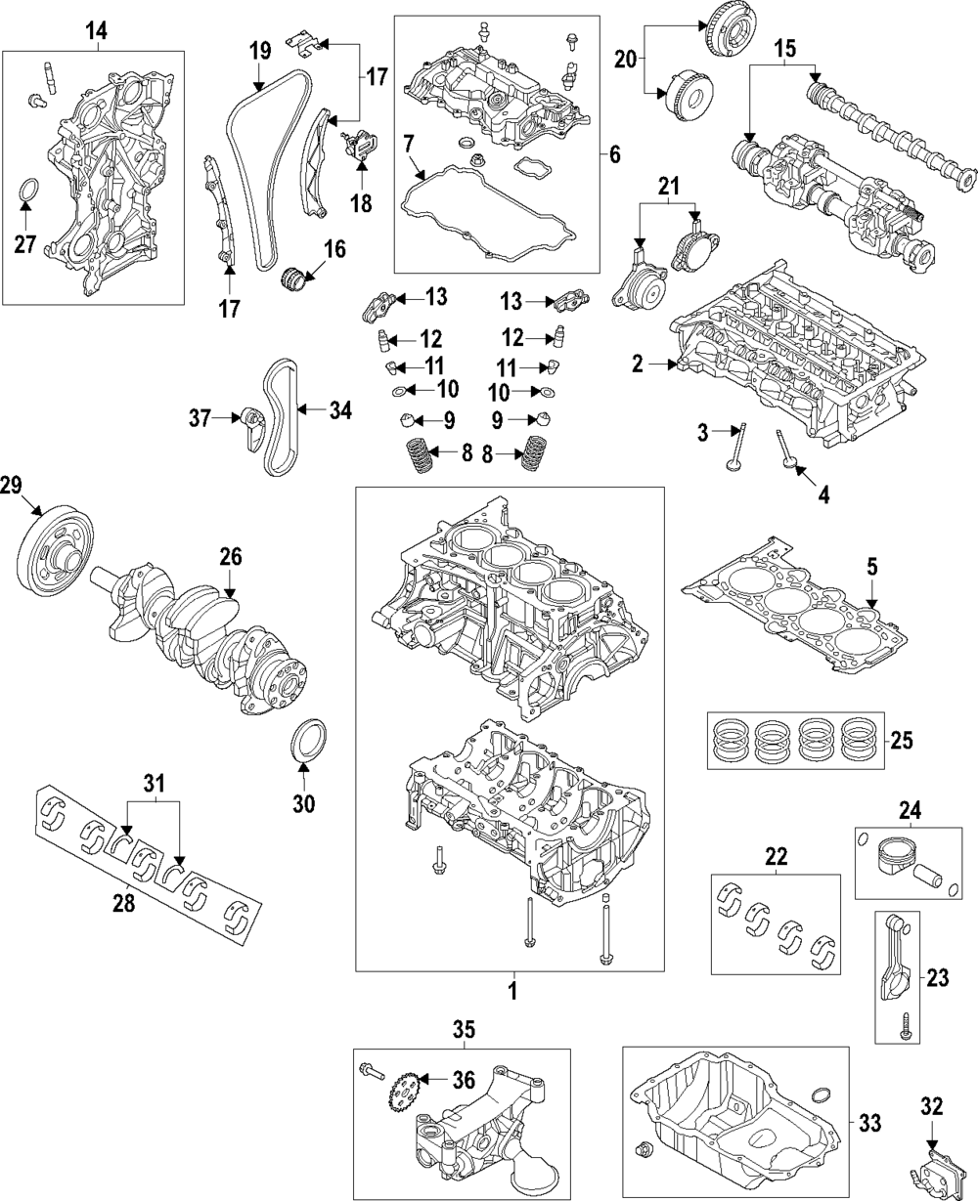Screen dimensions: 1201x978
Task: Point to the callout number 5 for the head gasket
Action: click(870, 564)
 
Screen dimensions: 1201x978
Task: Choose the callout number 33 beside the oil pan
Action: click(869, 1123)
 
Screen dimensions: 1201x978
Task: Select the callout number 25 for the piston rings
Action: click(902, 739)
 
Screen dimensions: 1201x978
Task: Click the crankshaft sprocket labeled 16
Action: click(294, 277)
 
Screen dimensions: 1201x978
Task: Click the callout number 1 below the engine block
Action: click(510, 991)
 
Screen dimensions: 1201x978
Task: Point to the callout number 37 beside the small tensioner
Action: click(200, 419)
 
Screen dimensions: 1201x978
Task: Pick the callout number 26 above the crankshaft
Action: click(230, 558)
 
